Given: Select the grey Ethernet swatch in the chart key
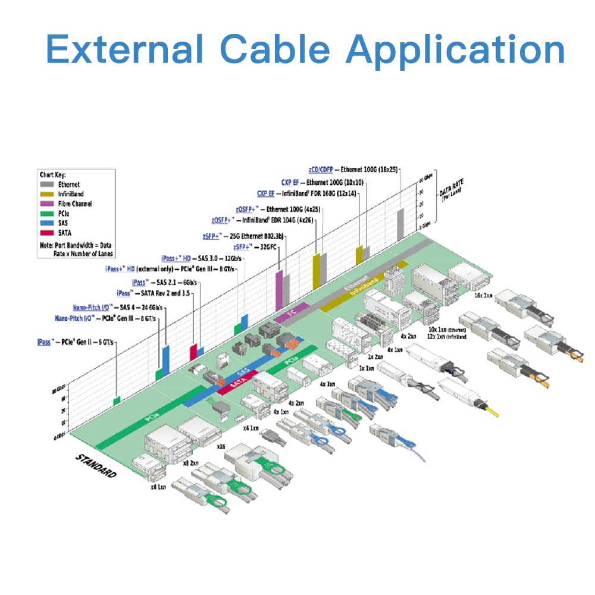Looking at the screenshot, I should [x=45, y=184].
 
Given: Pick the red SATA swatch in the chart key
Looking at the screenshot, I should [x=45, y=233].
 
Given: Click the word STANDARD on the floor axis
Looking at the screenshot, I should [x=96, y=466].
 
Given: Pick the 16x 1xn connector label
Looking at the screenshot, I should [x=483, y=294].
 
